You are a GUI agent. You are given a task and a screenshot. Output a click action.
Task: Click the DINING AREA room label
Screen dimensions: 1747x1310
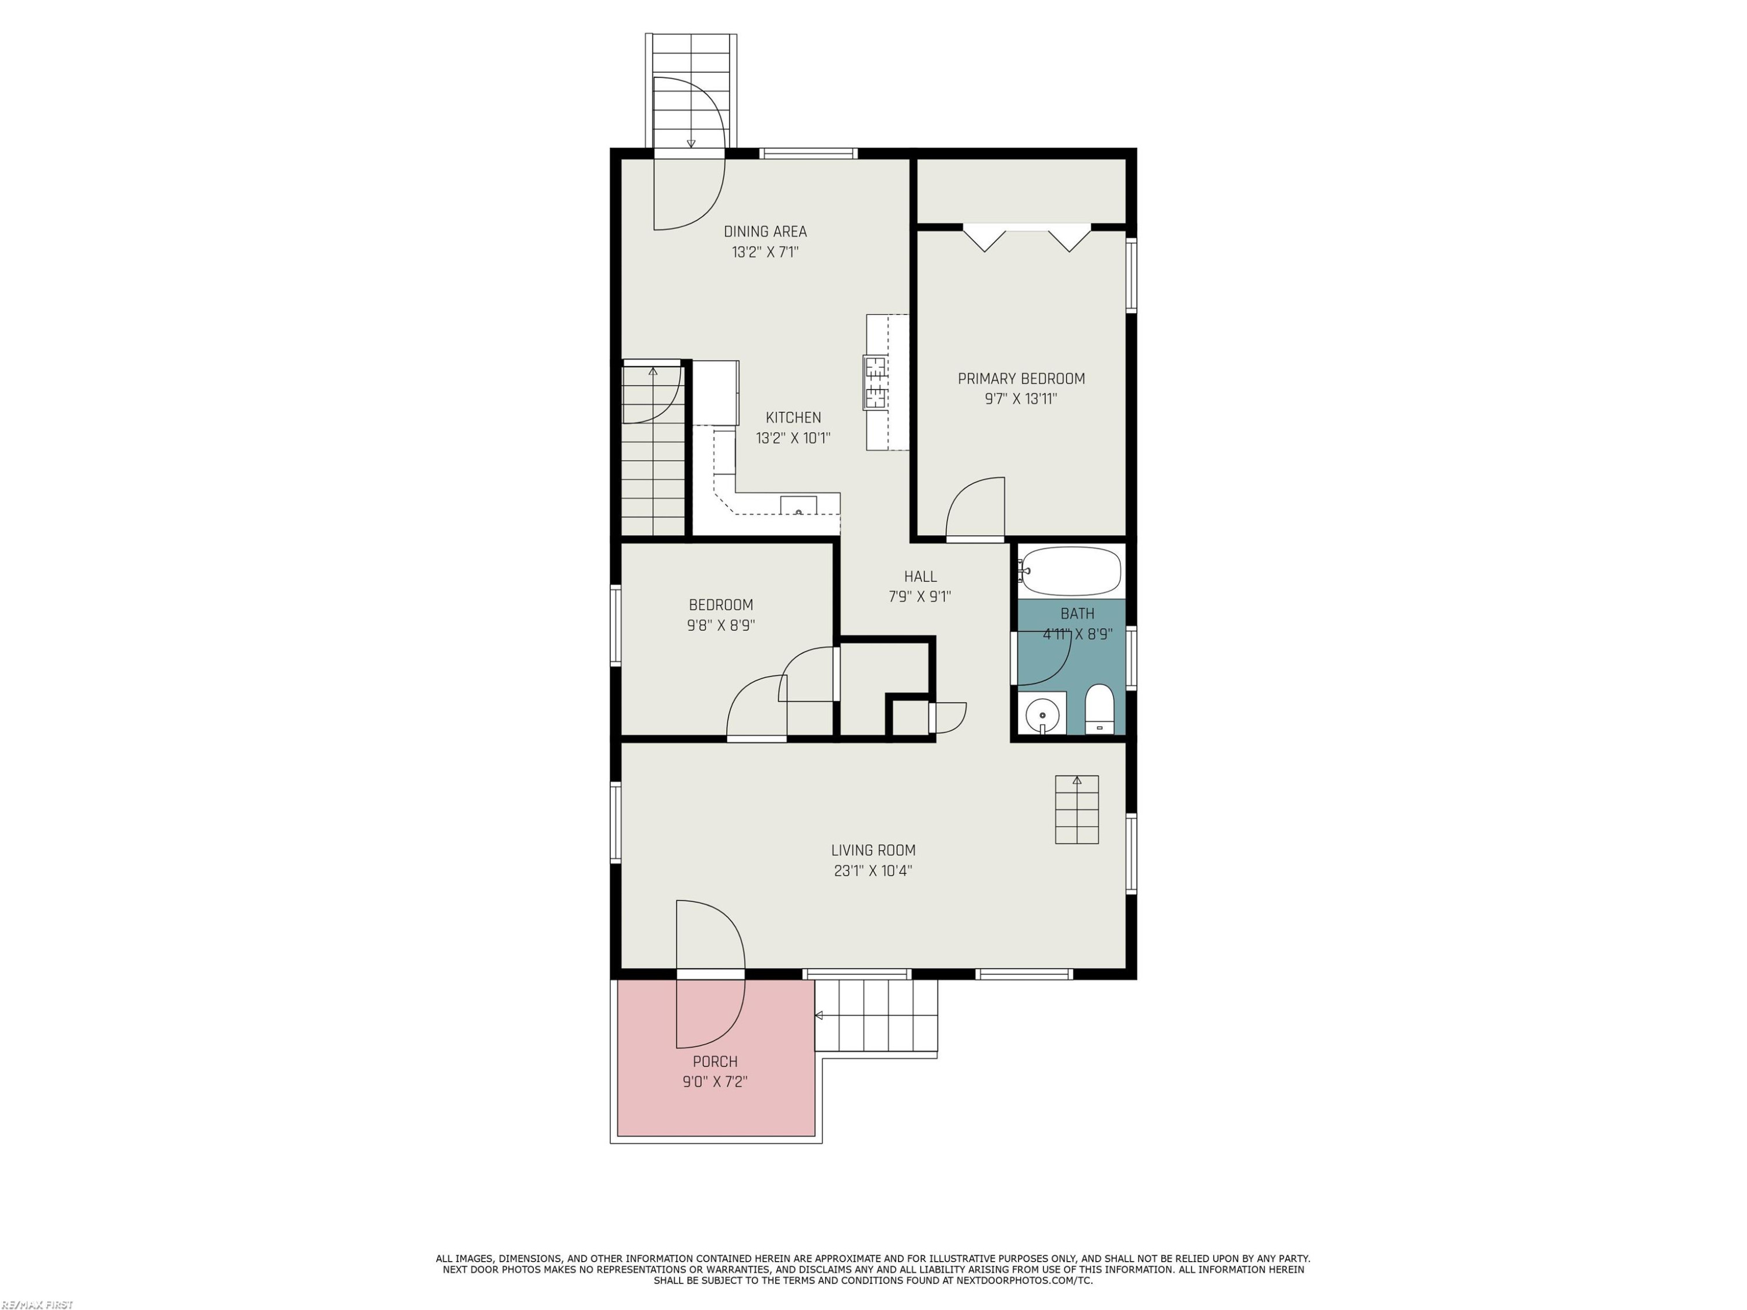click(765, 231)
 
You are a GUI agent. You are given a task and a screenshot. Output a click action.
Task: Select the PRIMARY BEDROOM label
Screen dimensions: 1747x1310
click(1021, 378)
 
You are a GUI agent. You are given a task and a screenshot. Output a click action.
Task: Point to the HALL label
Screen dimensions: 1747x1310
click(920, 576)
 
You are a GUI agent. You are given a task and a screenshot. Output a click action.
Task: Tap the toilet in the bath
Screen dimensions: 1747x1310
click(1099, 710)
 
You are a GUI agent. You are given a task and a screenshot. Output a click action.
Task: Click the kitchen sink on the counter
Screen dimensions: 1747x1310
click(798, 505)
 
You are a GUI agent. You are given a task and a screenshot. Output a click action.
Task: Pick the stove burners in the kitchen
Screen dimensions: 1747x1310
click(875, 383)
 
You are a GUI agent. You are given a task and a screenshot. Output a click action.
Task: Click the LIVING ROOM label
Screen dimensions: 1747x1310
click(873, 851)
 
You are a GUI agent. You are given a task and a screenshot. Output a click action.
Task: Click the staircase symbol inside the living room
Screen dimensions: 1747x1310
click(1077, 809)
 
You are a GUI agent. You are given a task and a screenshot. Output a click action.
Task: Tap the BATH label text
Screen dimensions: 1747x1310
click(1077, 614)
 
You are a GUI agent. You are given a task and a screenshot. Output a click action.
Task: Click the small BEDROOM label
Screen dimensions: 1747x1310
click(720, 605)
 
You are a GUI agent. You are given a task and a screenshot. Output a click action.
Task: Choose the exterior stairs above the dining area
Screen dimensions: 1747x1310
click(691, 91)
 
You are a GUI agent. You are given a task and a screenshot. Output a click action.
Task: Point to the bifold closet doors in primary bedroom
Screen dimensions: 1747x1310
click(1027, 238)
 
